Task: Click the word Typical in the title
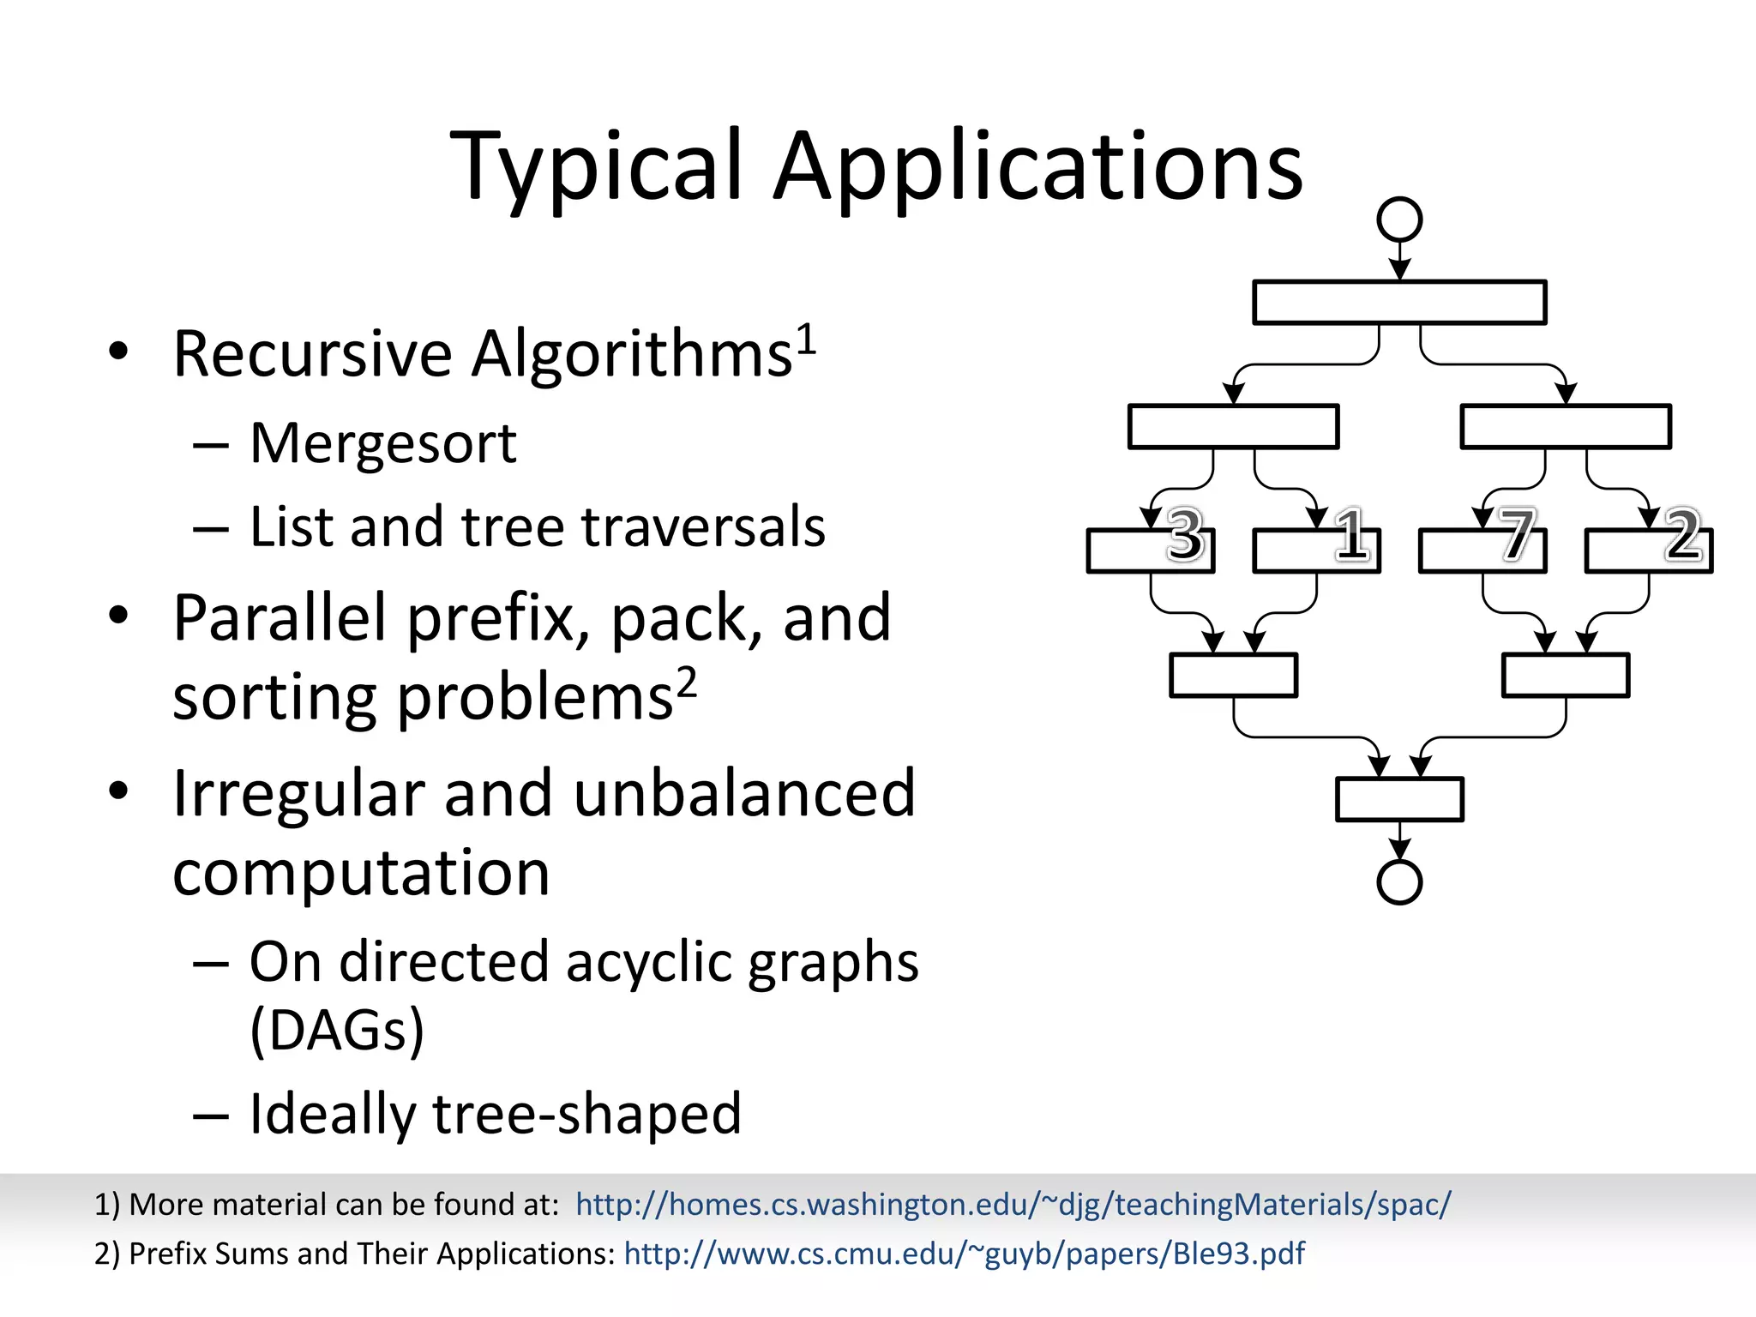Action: pyautogui.click(x=596, y=167)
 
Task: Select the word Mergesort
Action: pyautogui.click(x=382, y=444)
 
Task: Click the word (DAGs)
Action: pyautogui.click(x=337, y=1029)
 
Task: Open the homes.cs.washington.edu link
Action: pyautogui.click(x=1013, y=1205)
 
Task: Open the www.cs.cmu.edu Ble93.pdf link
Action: pyautogui.click(x=964, y=1254)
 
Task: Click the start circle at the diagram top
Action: pyautogui.click(x=1399, y=219)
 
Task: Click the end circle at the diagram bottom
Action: pyautogui.click(x=1399, y=881)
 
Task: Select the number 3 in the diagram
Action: pyautogui.click(x=1185, y=535)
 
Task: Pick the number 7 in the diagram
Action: pyautogui.click(x=1516, y=535)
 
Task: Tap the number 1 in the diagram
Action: pyautogui.click(x=1351, y=535)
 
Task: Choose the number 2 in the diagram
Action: pyautogui.click(x=1682, y=535)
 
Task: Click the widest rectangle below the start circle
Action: pyautogui.click(x=1399, y=302)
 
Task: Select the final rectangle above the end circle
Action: pyautogui.click(x=1399, y=799)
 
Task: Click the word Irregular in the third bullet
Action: pyautogui.click(x=298, y=794)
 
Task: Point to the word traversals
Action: pyautogui.click(x=703, y=526)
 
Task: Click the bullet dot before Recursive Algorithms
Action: pyautogui.click(x=118, y=351)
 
